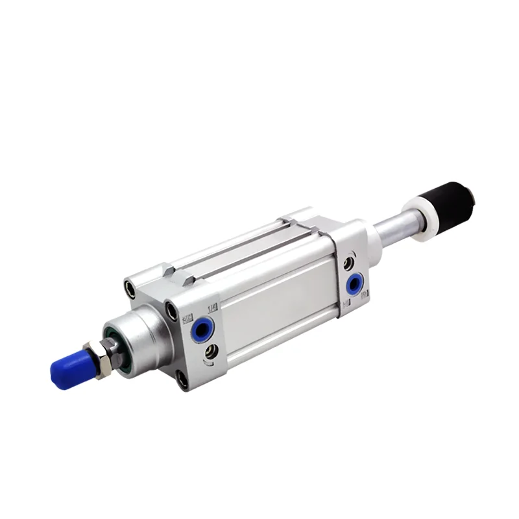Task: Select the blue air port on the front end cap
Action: (200, 330)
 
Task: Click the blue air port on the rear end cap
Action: (354, 284)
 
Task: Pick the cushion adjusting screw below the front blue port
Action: (211, 352)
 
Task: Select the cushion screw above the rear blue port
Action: (349, 263)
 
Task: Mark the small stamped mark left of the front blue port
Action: (187, 319)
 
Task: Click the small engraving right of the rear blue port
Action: (365, 295)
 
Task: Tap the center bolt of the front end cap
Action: (171, 311)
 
